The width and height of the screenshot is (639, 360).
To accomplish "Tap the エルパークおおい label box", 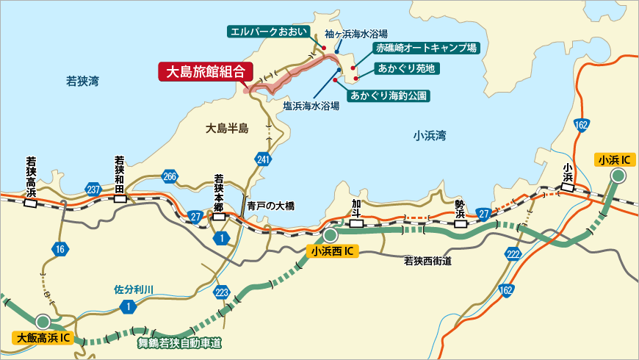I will (264, 32).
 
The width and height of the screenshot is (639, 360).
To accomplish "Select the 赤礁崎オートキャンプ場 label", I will (425, 48).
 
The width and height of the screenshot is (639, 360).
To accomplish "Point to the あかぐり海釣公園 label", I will (389, 96).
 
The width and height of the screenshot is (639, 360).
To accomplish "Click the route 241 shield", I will (264, 159).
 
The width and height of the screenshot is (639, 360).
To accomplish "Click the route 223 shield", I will (222, 292).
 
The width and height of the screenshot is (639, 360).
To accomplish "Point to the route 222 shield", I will (513, 253).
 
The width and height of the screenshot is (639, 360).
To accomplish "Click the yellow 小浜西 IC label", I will (333, 251).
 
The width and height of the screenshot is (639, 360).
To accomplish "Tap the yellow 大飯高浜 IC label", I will (43, 338).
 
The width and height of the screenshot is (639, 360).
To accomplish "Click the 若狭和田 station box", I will (119, 198).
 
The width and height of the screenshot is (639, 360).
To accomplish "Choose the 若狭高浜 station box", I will (31, 203).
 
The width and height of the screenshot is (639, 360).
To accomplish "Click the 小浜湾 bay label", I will (430, 135).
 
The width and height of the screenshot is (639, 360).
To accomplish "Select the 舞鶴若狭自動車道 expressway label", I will (179, 342).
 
